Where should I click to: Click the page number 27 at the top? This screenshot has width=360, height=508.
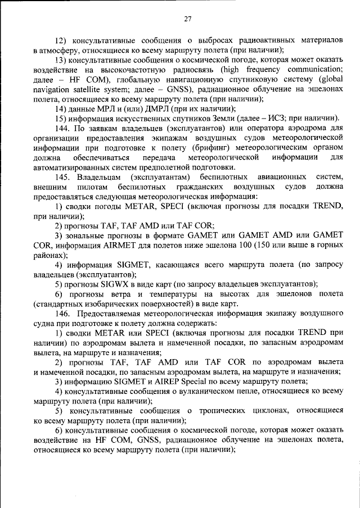pos(188,19)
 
